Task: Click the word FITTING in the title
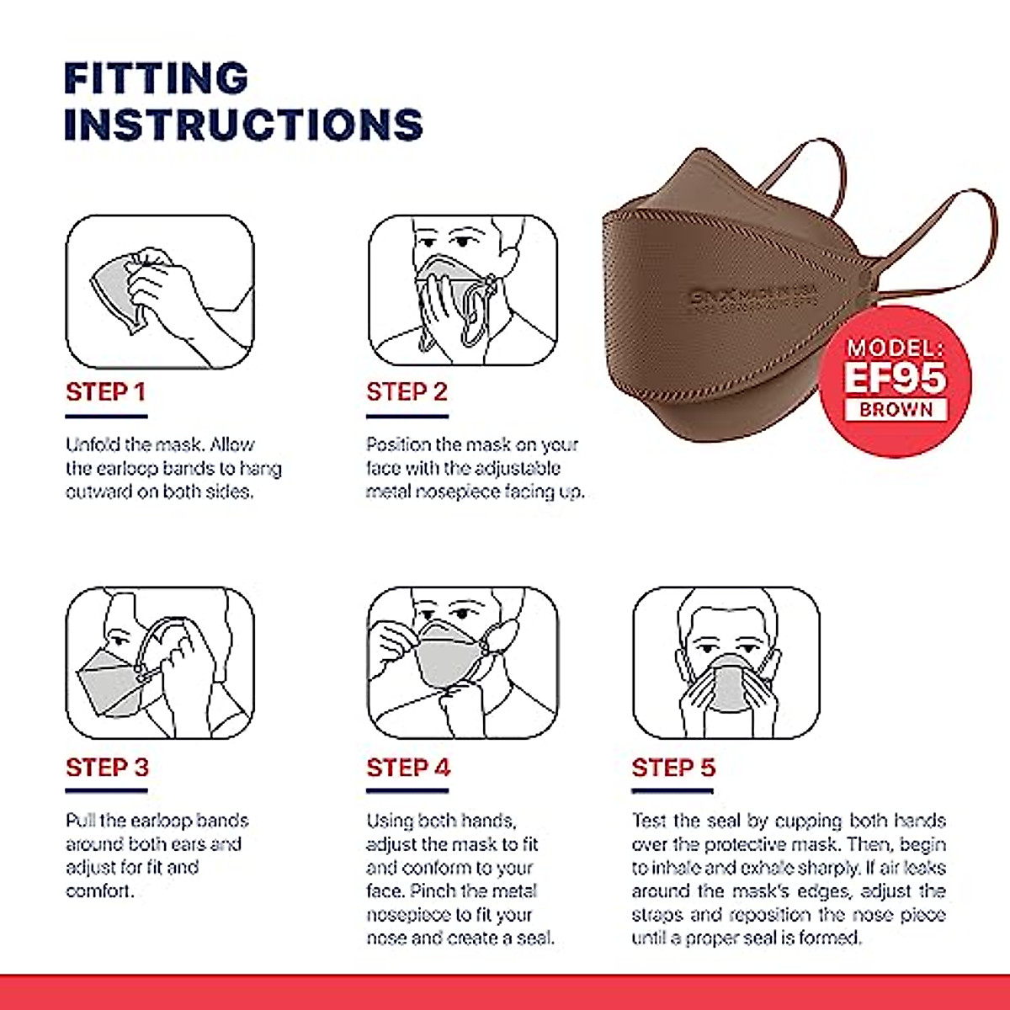click(156, 79)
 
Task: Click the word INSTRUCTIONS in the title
click(242, 125)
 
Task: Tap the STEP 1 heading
click(106, 392)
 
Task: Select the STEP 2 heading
click(407, 392)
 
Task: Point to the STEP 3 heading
click(107, 768)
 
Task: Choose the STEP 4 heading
click(408, 768)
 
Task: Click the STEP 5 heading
click(673, 768)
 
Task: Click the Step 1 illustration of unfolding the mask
click(160, 291)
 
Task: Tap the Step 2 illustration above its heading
click(462, 290)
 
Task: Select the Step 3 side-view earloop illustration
click(160, 663)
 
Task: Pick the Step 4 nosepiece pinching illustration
click(462, 663)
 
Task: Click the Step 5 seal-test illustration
click(726, 663)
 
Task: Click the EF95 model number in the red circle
click(896, 378)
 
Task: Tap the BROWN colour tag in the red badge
click(896, 410)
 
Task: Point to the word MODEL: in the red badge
click(896, 348)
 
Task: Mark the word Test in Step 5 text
click(649, 821)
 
